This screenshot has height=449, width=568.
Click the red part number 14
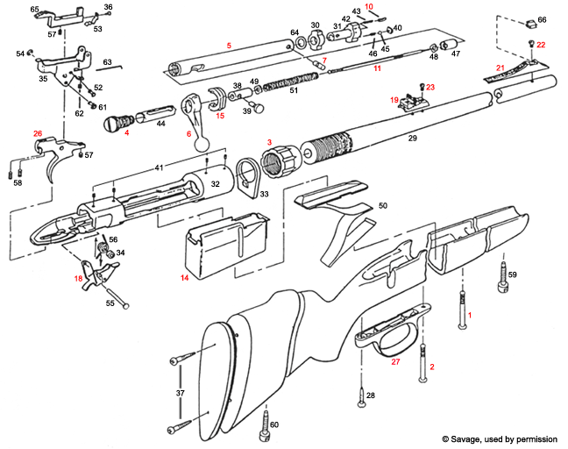[184, 277]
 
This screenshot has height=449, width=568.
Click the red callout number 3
[270, 142]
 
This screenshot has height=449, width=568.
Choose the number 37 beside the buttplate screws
[181, 393]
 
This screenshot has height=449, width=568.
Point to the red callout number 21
[500, 68]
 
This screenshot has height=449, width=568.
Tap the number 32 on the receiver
[213, 185]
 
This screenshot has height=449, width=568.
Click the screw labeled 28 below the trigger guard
[361, 404]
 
